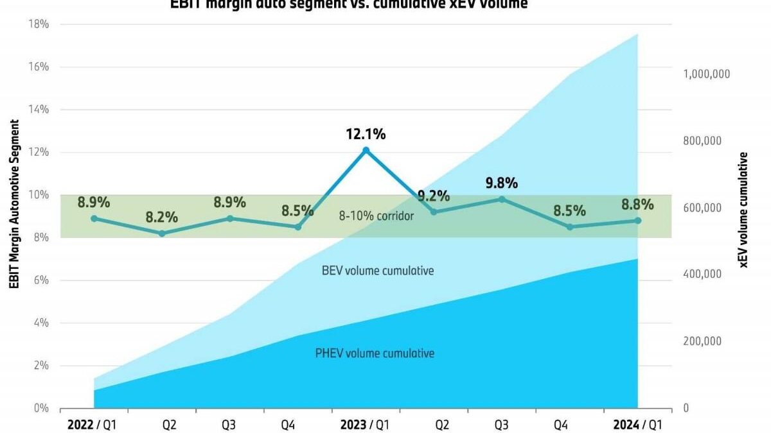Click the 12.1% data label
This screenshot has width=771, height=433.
tap(366, 135)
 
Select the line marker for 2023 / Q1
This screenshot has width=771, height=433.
tap(366, 150)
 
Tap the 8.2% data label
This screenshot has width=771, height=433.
tap(161, 217)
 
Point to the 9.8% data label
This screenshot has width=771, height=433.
tap(502, 183)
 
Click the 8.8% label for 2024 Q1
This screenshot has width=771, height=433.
tap(638, 205)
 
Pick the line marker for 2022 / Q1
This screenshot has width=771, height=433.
tap(94, 218)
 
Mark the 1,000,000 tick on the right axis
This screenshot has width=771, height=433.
tap(705, 74)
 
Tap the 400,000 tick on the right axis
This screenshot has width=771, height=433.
tap(701, 274)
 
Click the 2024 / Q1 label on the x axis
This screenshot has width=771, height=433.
tap(638, 424)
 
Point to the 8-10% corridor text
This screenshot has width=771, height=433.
tap(377, 216)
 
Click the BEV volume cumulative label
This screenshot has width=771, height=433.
tap(378, 271)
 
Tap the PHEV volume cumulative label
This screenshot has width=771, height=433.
tap(375, 353)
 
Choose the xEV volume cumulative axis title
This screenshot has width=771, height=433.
tap(743, 209)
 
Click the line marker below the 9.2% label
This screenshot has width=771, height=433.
tap(434, 212)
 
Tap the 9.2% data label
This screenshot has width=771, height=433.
tap(434, 196)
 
